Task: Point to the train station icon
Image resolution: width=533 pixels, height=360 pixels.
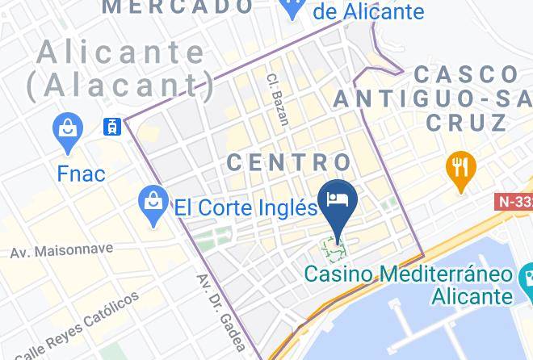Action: [111, 126]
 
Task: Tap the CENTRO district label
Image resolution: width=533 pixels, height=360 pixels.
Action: [289, 161]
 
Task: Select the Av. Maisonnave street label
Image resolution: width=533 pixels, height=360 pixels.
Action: [61, 251]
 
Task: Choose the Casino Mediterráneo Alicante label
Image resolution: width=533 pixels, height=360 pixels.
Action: [409, 284]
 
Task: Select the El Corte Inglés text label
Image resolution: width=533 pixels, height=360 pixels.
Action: [246, 207]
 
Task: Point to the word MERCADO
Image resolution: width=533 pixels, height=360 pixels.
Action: [178, 6]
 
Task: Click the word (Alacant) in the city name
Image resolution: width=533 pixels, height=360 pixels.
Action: [121, 85]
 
